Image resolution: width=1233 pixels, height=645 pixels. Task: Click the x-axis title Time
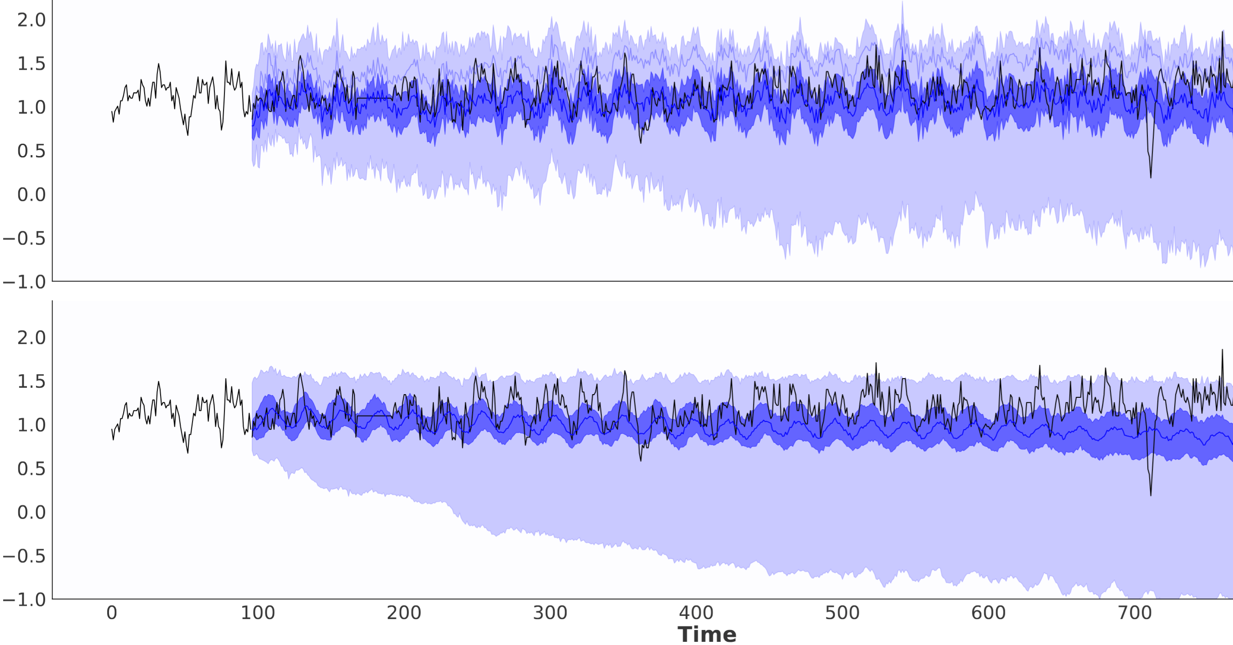(x=706, y=635)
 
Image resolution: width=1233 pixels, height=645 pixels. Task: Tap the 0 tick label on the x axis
(x=111, y=613)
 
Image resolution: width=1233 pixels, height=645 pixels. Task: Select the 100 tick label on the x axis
(x=257, y=613)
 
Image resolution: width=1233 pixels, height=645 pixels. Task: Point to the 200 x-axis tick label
(x=403, y=613)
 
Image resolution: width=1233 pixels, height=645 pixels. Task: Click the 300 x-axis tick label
(x=550, y=613)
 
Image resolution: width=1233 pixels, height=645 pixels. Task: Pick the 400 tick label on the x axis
(x=696, y=613)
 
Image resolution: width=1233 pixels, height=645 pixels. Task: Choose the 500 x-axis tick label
(x=842, y=613)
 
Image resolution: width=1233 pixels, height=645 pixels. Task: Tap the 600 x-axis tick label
(x=988, y=613)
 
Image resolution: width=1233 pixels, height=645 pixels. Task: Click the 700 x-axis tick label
(x=1134, y=613)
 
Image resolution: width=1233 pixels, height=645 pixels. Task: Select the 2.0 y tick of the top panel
(x=31, y=20)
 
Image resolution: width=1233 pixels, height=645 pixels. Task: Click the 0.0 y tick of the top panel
(x=31, y=195)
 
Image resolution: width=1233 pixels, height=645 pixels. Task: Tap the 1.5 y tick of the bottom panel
(x=31, y=381)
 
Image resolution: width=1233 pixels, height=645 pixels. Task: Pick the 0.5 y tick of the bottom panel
(x=31, y=468)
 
